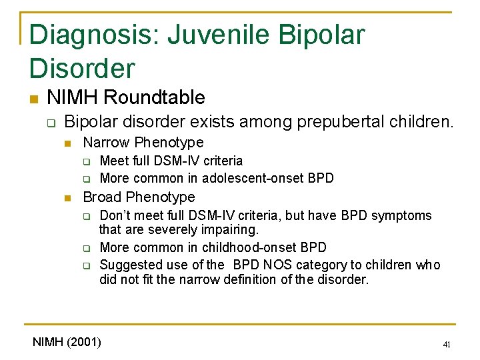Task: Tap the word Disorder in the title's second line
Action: pos(82,68)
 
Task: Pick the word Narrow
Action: pos(106,142)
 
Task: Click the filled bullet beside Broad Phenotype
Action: pos(67,198)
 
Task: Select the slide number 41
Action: pos(447,345)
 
